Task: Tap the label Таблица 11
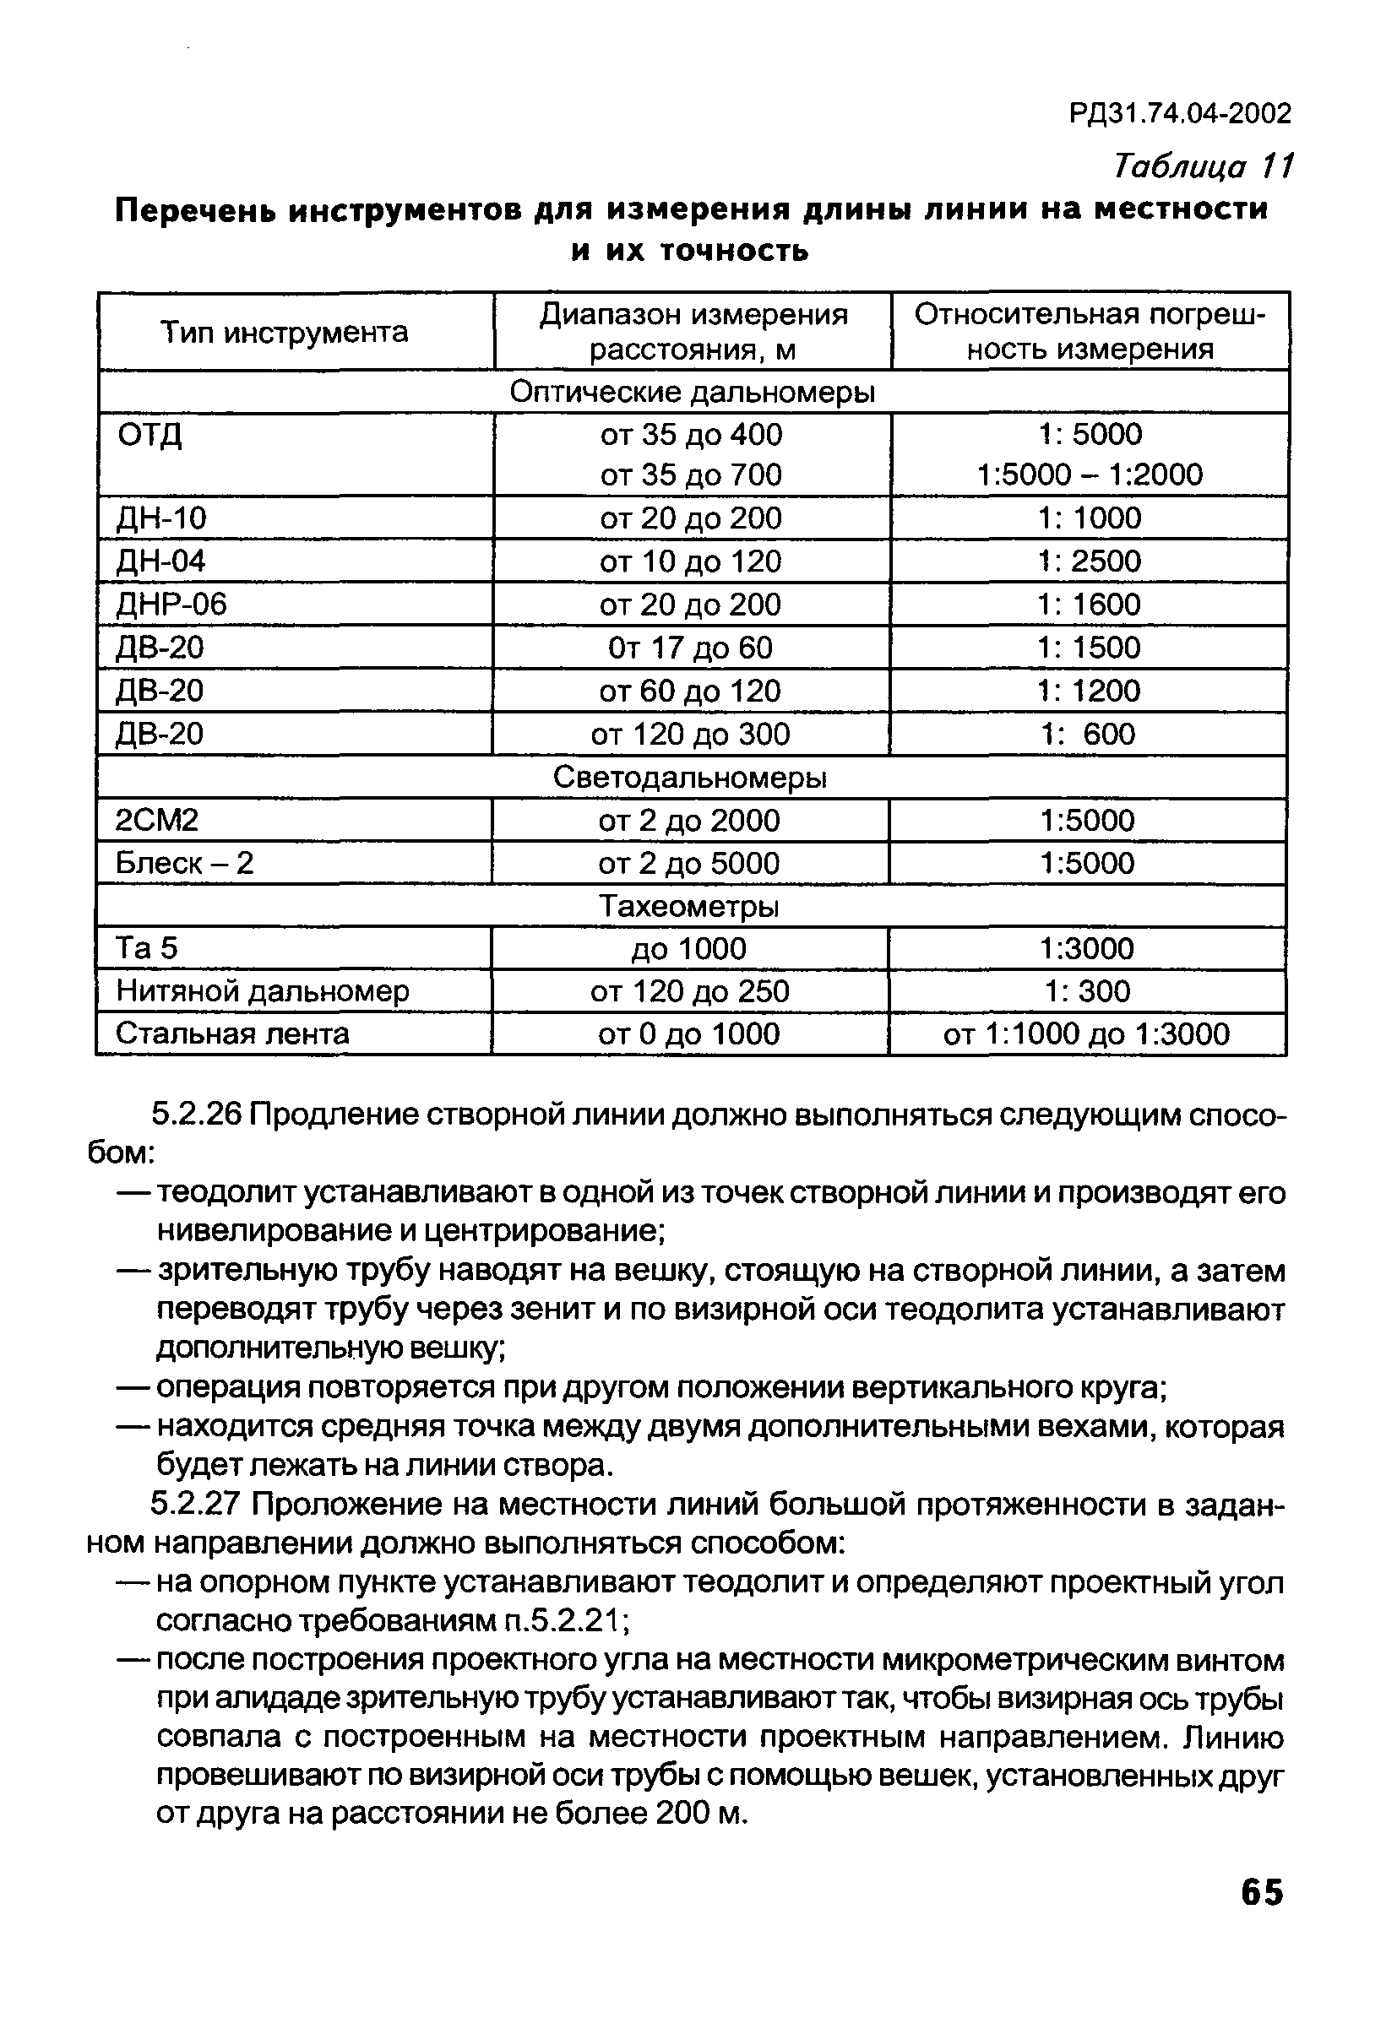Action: (x=1203, y=165)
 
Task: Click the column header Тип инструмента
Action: (x=285, y=333)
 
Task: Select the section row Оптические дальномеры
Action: (x=693, y=392)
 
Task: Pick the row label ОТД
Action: (x=149, y=435)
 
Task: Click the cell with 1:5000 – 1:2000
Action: (x=1090, y=475)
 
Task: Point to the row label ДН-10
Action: (x=162, y=518)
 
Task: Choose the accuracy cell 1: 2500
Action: (x=1090, y=561)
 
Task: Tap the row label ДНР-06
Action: (x=171, y=604)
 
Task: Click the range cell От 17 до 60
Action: (x=691, y=648)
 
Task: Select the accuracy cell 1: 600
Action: (x=1088, y=734)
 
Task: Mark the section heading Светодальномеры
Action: (x=691, y=777)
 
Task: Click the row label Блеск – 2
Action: (x=185, y=863)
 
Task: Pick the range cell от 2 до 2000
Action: (x=690, y=820)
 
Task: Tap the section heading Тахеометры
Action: (x=689, y=906)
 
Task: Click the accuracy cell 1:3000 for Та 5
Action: (x=1087, y=948)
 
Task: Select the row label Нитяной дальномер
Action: (x=263, y=990)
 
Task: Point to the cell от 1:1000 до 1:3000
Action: (x=1086, y=1033)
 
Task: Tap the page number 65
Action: (x=1261, y=1892)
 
